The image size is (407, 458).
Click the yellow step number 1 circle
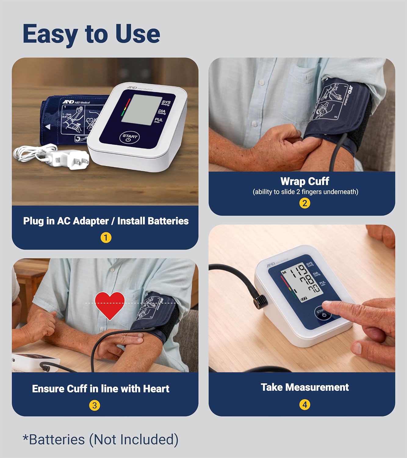click(106, 238)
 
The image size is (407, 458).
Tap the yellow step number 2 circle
click(304, 203)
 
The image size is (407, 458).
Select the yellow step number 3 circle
click(95, 405)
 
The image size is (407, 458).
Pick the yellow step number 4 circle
click(304, 405)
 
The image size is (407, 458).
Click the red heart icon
click(110, 304)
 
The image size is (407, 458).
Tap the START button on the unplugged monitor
click(129, 138)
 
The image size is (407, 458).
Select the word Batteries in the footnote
click(56, 440)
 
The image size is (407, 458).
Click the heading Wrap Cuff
click(304, 181)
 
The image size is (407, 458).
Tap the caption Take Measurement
click(304, 387)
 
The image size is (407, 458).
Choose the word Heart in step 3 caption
click(156, 389)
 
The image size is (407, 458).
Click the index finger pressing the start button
click(333, 306)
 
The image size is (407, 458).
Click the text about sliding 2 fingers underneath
click(305, 192)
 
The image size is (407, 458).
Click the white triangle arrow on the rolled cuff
click(48, 127)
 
